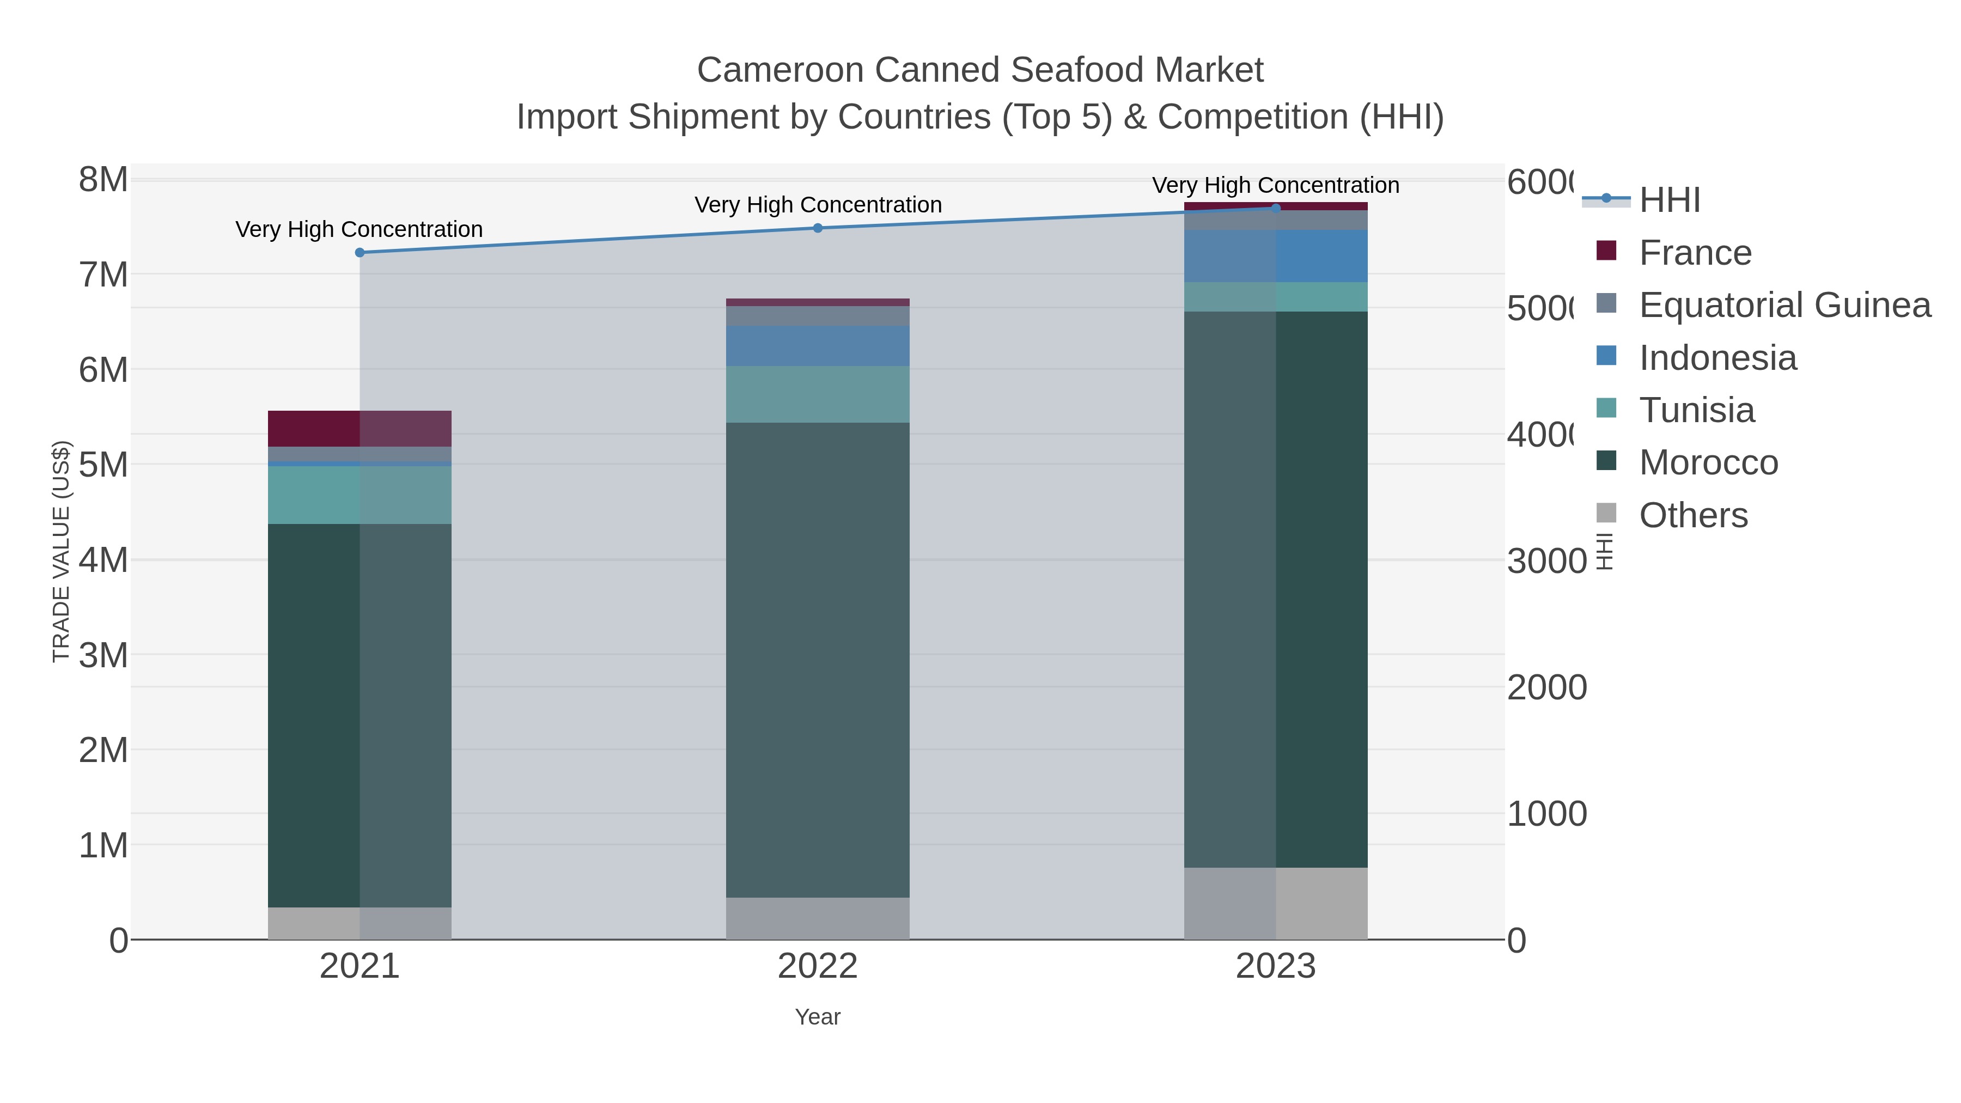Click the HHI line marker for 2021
click(x=360, y=253)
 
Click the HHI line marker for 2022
click(x=818, y=228)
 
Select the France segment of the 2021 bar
click(x=360, y=429)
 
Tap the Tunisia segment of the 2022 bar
click(x=818, y=394)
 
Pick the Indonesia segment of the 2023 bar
click(x=1276, y=256)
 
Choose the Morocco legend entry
click(x=1708, y=463)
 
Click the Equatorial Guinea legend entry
click(x=1785, y=305)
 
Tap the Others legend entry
click(x=1693, y=515)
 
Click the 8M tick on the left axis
click(x=103, y=180)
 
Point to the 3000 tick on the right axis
click(x=1546, y=562)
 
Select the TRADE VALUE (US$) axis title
click(x=61, y=551)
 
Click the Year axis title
click(x=818, y=1017)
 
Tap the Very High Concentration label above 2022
click(x=818, y=205)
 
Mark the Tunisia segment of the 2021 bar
click(x=360, y=495)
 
